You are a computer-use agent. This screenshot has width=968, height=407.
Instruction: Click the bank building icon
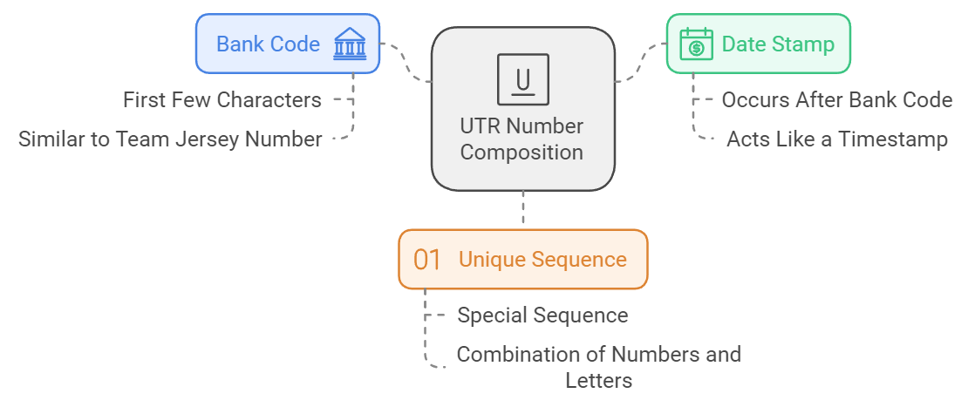tap(350, 44)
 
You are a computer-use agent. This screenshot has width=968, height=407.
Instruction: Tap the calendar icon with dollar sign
tap(696, 44)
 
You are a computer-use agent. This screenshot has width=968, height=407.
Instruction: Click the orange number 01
tap(427, 260)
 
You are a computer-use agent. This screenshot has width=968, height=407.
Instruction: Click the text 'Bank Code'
tap(269, 44)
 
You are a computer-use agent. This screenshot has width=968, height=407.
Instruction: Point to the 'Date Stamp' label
tap(778, 44)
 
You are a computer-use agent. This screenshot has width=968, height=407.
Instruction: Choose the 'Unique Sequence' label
tap(542, 260)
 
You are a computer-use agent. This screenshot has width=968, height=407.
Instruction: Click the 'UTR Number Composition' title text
tap(521, 139)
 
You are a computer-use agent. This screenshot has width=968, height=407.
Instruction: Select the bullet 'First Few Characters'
tap(222, 100)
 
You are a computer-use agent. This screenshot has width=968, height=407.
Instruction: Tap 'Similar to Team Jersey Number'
tap(171, 139)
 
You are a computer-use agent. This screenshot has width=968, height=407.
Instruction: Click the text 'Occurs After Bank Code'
tap(836, 100)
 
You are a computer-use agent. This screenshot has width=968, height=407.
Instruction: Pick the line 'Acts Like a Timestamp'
tap(836, 139)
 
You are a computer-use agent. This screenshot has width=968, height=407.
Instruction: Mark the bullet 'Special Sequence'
tap(542, 315)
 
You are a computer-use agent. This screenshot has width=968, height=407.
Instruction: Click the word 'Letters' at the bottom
tap(598, 381)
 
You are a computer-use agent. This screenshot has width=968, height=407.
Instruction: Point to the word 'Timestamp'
tap(897, 139)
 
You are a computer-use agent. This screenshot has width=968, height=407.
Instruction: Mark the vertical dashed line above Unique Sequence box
tap(522, 209)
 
